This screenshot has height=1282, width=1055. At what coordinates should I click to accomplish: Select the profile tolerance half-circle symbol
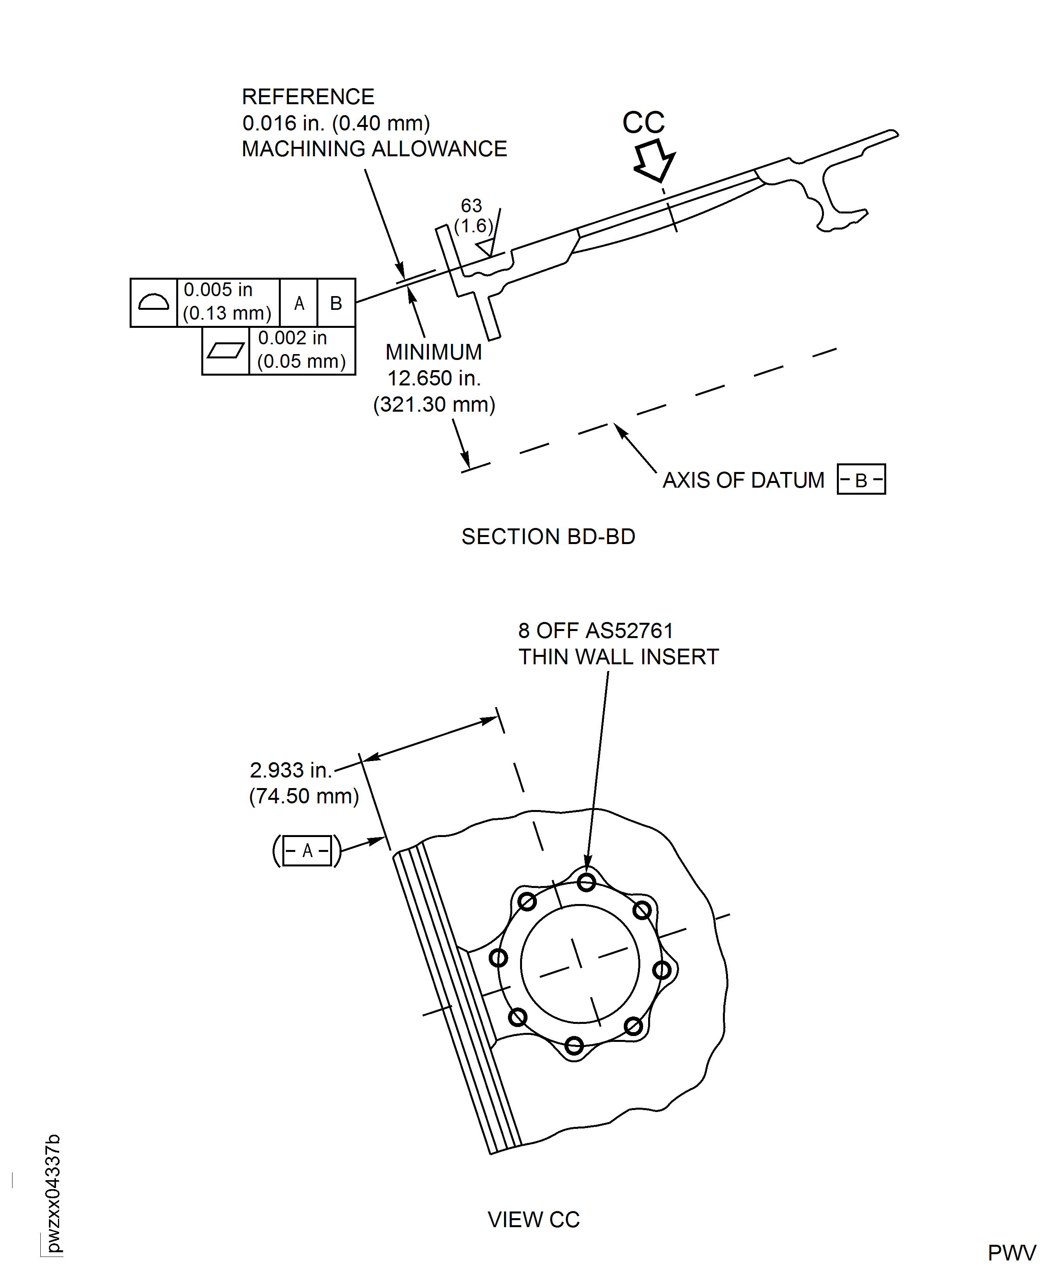tap(153, 302)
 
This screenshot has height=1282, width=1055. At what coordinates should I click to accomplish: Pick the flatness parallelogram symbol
tap(226, 351)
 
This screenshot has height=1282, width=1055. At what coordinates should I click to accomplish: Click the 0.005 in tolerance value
tap(218, 290)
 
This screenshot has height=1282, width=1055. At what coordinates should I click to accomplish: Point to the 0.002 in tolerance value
tap(292, 338)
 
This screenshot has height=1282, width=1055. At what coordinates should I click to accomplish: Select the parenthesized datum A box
tap(307, 850)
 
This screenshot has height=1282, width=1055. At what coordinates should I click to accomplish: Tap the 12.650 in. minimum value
tap(434, 378)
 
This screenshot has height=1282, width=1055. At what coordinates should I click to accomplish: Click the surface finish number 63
tap(471, 206)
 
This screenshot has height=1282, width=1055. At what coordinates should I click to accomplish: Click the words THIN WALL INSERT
tap(618, 657)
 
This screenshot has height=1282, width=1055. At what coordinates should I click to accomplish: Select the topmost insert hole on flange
tap(586, 882)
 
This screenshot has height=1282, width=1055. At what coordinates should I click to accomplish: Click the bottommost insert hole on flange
tap(574, 1045)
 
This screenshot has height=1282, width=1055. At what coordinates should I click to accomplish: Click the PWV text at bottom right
tap(1011, 1253)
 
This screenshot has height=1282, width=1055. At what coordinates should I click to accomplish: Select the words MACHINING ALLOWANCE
tap(374, 149)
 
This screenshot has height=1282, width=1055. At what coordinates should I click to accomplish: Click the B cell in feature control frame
tap(336, 303)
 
